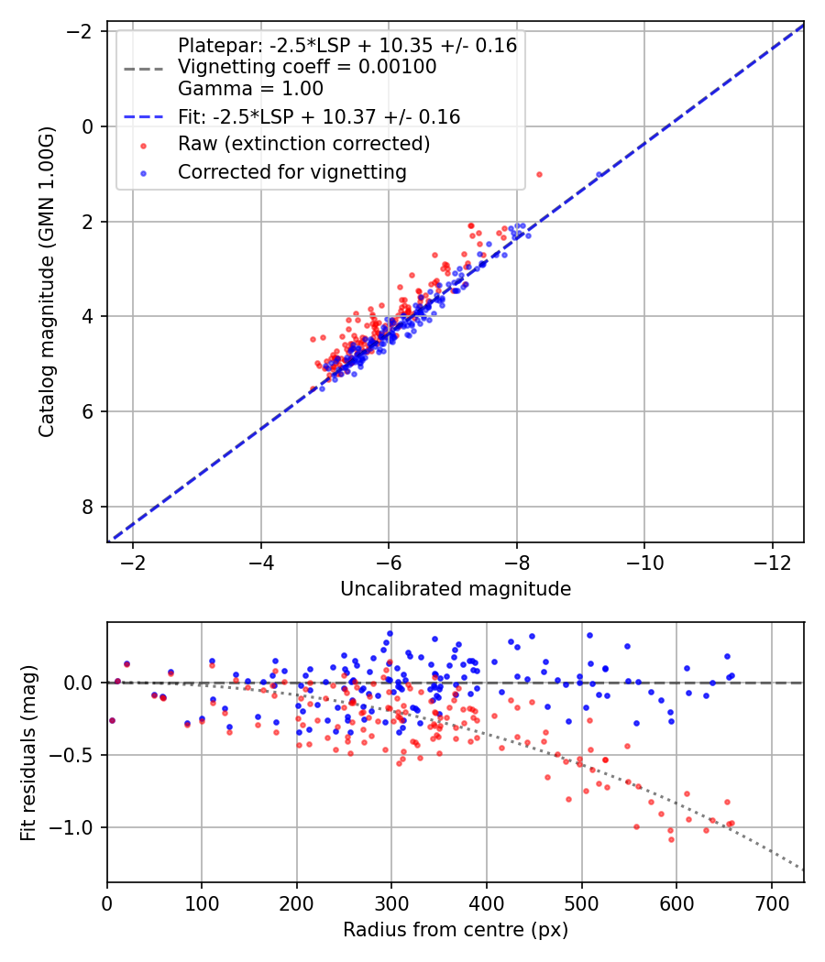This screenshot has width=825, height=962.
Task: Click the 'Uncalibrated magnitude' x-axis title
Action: pyautogui.click(x=456, y=589)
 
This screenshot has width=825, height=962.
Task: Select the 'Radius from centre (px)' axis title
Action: pyautogui.click(x=456, y=930)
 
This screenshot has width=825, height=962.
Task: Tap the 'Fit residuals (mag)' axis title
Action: pyautogui.click(x=28, y=752)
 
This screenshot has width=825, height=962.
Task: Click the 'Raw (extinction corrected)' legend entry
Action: pyautogui.click(x=303, y=144)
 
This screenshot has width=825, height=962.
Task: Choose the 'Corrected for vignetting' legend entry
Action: pyautogui.click(x=292, y=171)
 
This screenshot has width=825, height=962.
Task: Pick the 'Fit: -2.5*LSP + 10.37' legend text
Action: pyautogui.click(x=319, y=116)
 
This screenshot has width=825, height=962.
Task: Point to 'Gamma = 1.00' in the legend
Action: pyautogui.click(x=250, y=89)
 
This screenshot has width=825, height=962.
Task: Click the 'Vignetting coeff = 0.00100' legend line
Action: pyautogui.click(x=307, y=67)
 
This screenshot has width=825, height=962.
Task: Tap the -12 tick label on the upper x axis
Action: pyautogui.click(x=772, y=560)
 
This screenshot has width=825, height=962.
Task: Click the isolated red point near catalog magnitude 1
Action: pyautogui.click(x=539, y=174)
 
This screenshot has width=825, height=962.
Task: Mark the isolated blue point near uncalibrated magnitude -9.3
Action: pyautogui.click(x=599, y=174)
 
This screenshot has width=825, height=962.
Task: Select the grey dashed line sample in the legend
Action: pyautogui.click(x=143, y=68)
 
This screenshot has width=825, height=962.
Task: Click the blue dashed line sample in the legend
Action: pyautogui.click(x=143, y=117)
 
